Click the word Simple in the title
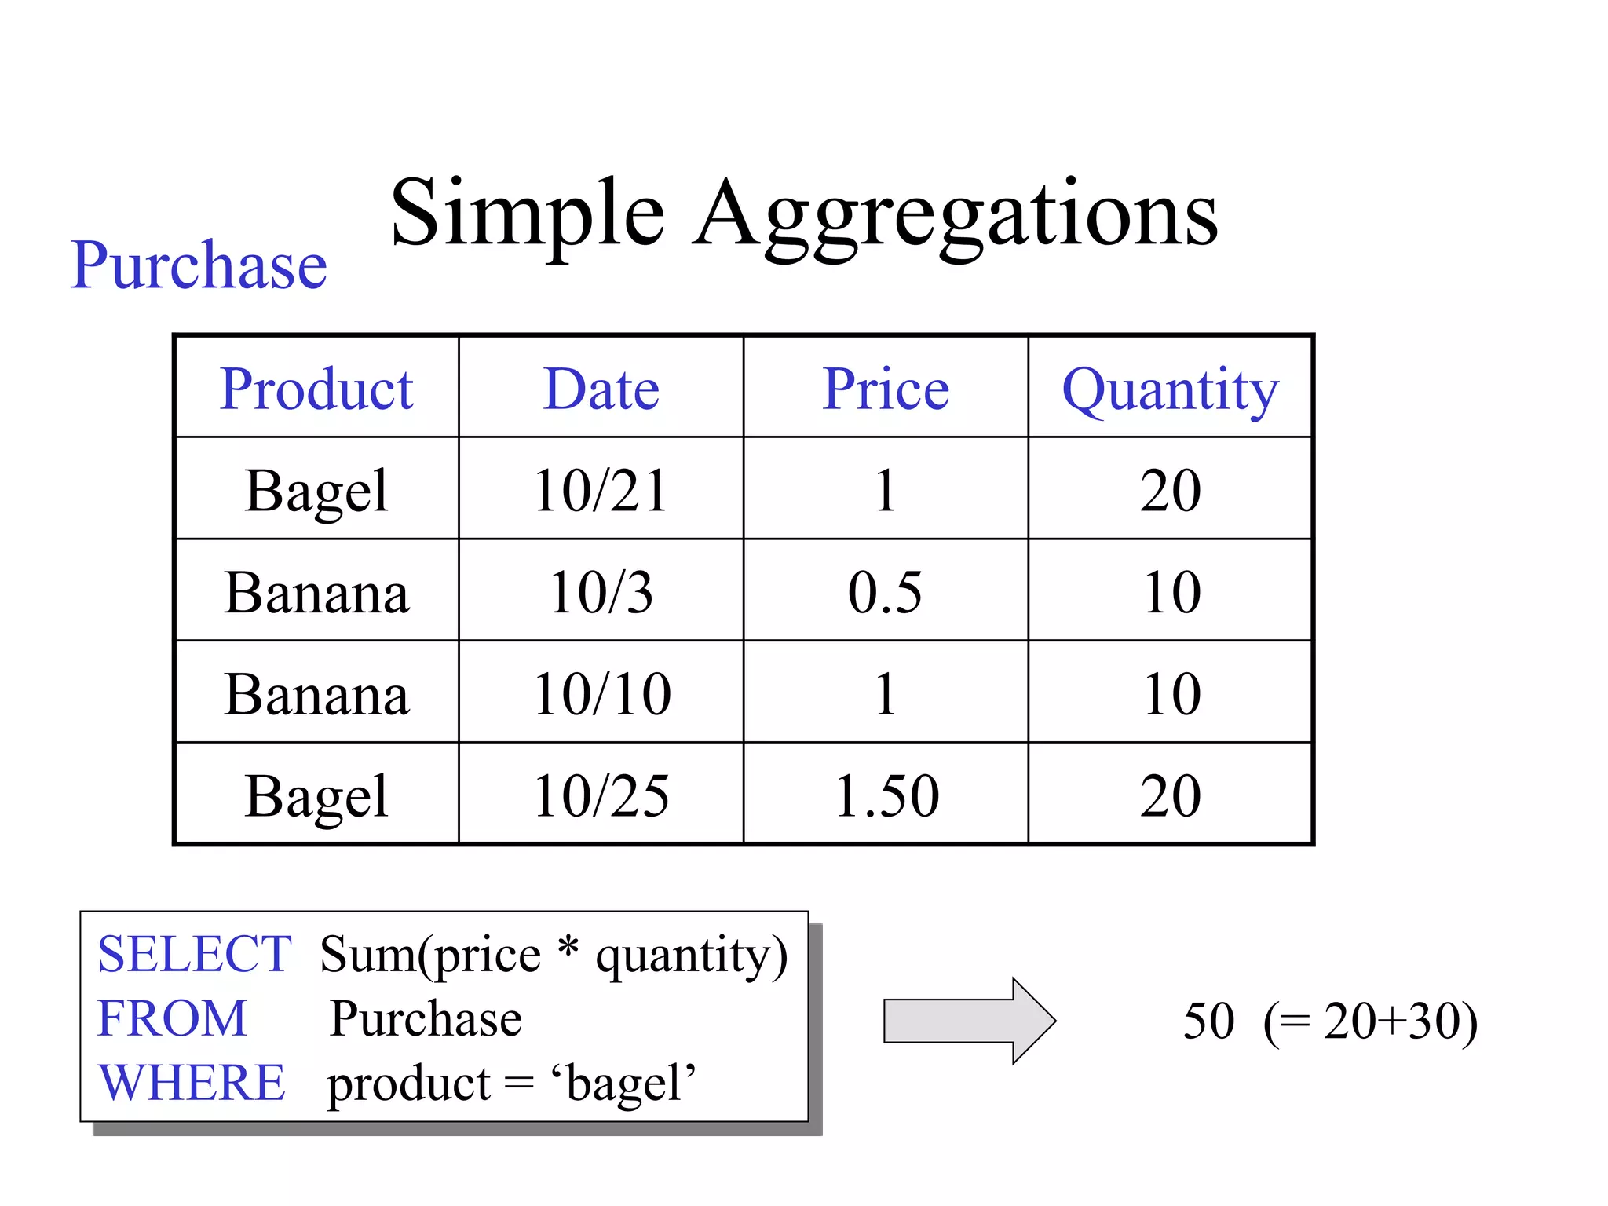[528, 214]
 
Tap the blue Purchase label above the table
[199, 265]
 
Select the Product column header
[316, 389]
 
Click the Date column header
[601, 389]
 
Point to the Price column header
[886, 389]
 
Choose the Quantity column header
[1170, 390]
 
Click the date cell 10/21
[601, 491]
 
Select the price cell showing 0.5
[886, 592]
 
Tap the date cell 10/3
[601, 592]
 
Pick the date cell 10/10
[601, 694]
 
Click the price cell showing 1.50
[886, 796]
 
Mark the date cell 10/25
[601, 796]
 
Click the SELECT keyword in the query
[195, 955]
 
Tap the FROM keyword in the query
[172, 1018]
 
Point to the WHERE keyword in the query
[192, 1082]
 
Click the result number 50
[1208, 1021]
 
